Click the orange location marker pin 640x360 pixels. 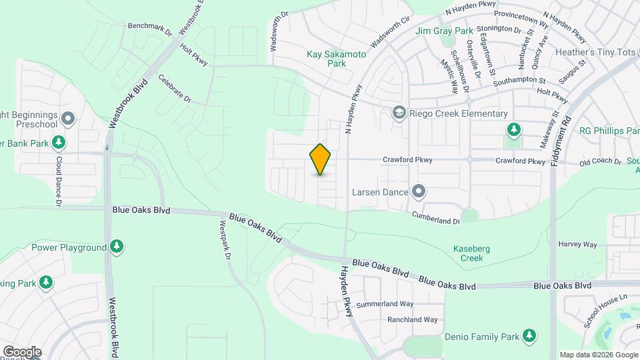click(x=321, y=159)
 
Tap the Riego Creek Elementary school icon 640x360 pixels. click(x=399, y=113)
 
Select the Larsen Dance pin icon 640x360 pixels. click(x=419, y=193)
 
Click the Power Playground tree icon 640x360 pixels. click(x=117, y=247)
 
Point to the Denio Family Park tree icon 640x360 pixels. click(x=529, y=335)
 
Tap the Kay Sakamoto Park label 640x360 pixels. click(x=337, y=59)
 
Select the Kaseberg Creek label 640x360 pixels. click(x=471, y=253)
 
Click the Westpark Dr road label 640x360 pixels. click(x=225, y=241)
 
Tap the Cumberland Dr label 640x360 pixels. click(x=436, y=217)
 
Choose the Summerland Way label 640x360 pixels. click(x=385, y=304)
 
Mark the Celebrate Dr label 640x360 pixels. click(x=175, y=89)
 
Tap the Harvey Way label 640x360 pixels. click(x=577, y=245)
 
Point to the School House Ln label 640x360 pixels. click(x=606, y=311)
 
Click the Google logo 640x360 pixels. click(x=21, y=351)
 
